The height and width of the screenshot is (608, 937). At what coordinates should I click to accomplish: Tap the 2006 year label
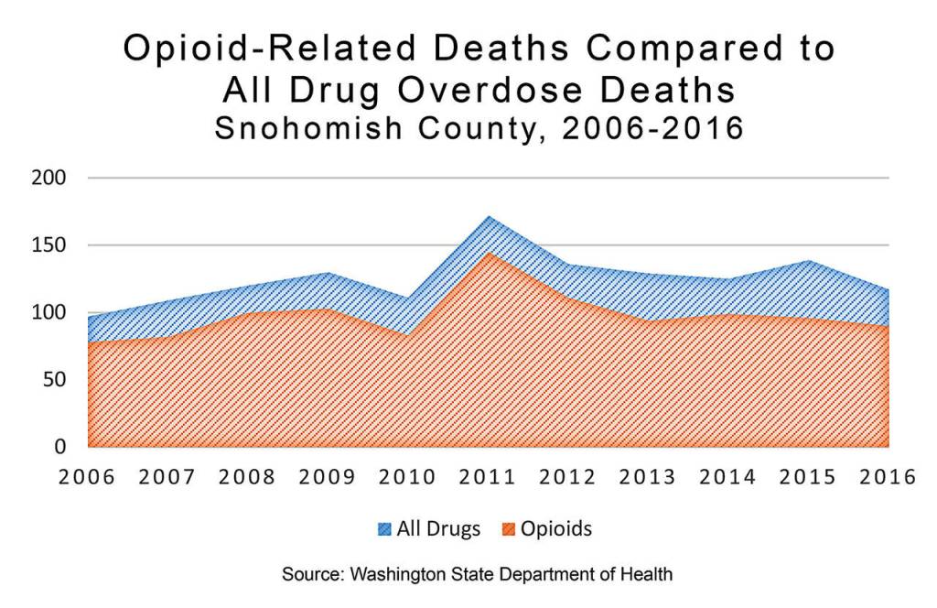pyautogui.click(x=87, y=478)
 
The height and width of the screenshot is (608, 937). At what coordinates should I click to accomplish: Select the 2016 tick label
pyautogui.click(x=889, y=478)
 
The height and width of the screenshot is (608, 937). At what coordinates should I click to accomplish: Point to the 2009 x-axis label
pyautogui.click(x=328, y=478)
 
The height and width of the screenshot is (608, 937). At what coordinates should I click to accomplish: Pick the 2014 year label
pyautogui.click(x=728, y=478)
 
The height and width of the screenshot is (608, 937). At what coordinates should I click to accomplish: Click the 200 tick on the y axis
pyautogui.click(x=50, y=178)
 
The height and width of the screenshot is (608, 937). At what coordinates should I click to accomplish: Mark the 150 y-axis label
pyautogui.click(x=50, y=245)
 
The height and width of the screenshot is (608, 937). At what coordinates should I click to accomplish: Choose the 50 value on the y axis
pyautogui.click(x=57, y=379)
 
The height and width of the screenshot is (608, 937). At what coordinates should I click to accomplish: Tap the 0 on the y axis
pyautogui.click(x=61, y=447)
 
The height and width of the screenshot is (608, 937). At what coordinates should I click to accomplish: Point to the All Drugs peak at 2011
pyautogui.click(x=489, y=218)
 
